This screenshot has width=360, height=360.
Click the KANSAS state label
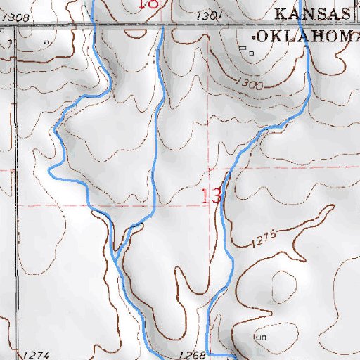pos(311,14)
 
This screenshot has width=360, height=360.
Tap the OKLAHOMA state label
pos(306,36)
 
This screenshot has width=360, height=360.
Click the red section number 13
pos(212,195)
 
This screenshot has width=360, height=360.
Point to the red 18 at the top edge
pos(149,4)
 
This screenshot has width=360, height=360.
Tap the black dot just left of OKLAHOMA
pos(252,35)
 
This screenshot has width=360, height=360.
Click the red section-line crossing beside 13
pos(211,171)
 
